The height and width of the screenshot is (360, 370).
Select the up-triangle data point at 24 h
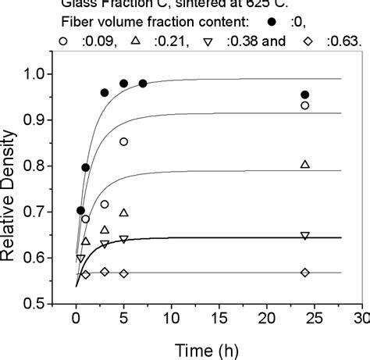click(304, 164)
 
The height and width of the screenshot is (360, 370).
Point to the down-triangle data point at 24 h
click(304, 235)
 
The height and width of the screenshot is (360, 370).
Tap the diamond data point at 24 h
click(304, 272)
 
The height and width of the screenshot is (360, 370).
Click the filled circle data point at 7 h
click(142, 84)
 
